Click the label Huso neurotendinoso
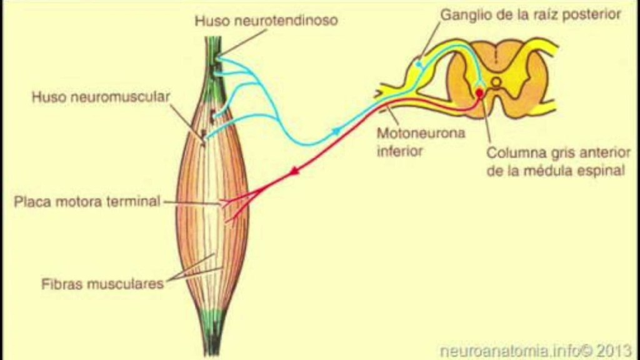click(x=266, y=21)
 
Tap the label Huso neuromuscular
click(x=101, y=97)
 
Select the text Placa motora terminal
click(x=87, y=202)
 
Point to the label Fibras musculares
click(x=102, y=283)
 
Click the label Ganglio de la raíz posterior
click(x=531, y=14)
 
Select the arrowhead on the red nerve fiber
click(x=292, y=170)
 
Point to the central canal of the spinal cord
click(x=496, y=81)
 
